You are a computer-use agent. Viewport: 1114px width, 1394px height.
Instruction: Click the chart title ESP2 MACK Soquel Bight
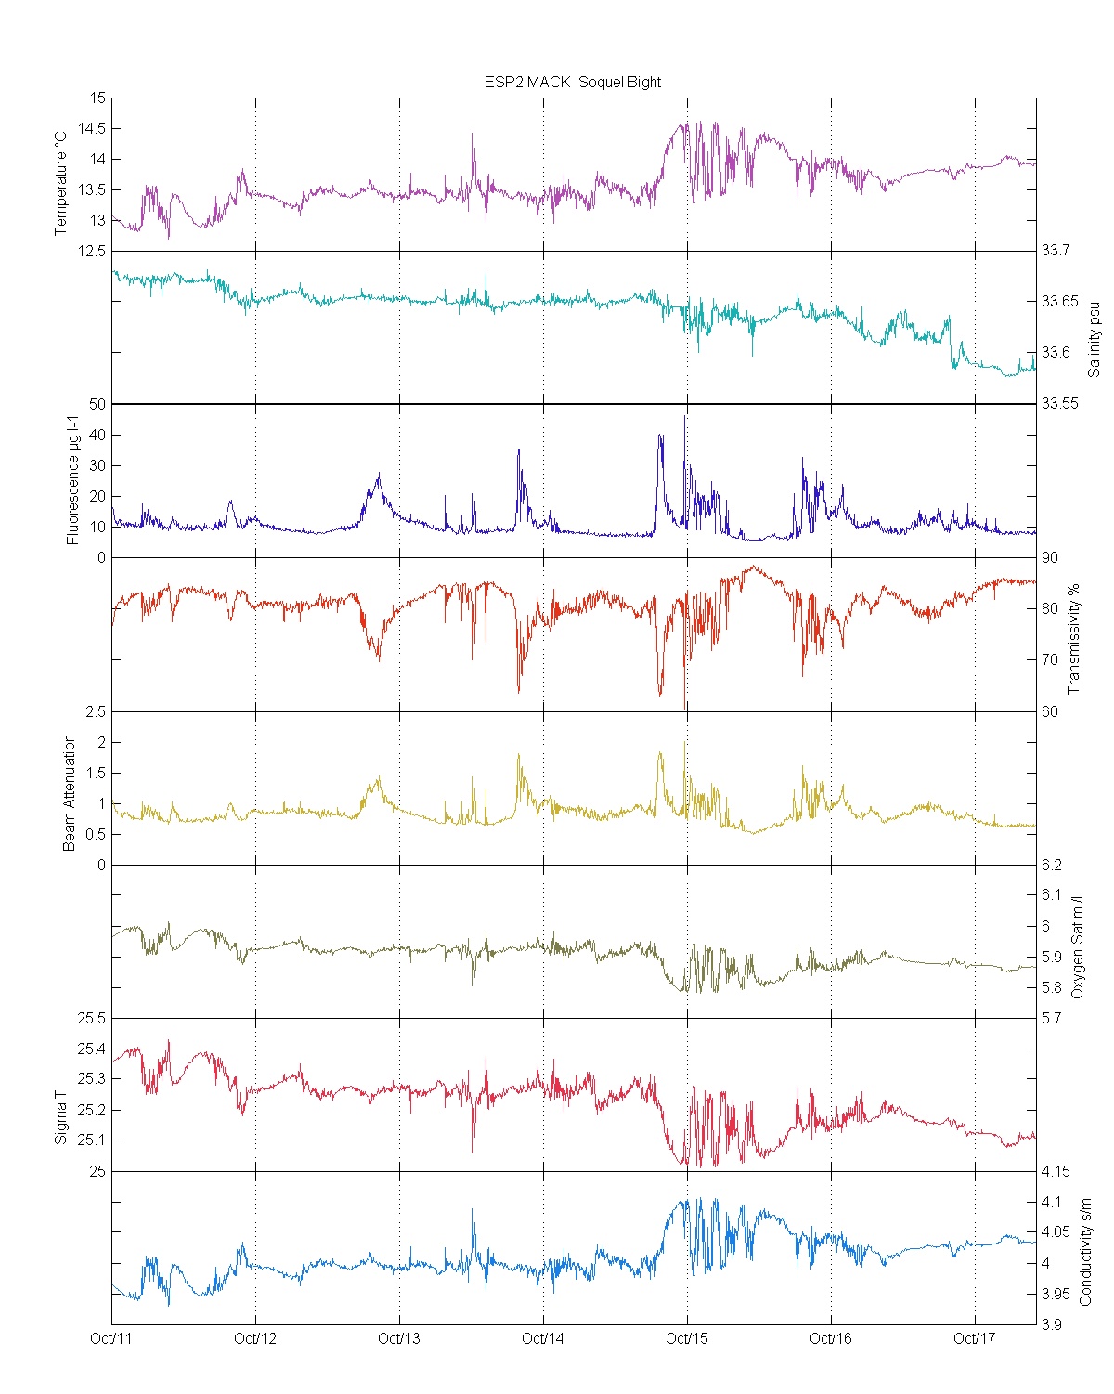click(x=572, y=82)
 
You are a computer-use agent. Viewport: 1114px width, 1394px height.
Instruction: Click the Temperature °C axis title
click(x=61, y=183)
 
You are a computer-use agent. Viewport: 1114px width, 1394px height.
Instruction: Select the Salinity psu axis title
click(x=1094, y=338)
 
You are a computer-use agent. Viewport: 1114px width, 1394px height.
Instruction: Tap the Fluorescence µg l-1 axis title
click(x=73, y=481)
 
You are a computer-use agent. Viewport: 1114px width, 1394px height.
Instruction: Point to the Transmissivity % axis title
click(x=1074, y=639)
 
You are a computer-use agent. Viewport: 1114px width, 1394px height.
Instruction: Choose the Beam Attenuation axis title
click(x=70, y=793)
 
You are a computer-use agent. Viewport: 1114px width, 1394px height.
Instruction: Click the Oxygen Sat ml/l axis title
click(x=1077, y=947)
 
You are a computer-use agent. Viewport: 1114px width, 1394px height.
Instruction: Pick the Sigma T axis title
click(x=61, y=1117)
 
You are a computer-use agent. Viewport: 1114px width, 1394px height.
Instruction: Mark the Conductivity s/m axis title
click(x=1085, y=1252)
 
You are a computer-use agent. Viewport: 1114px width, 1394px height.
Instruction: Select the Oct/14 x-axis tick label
click(x=543, y=1338)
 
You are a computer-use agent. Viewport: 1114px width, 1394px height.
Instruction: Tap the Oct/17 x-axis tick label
click(x=974, y=1338)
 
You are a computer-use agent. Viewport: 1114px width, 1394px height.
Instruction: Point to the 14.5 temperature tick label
click(x=92, y=128)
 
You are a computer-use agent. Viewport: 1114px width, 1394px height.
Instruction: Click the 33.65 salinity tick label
click(x=1059, y=301)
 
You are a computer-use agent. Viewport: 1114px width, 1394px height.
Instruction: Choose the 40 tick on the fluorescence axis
click(x=97, y=435)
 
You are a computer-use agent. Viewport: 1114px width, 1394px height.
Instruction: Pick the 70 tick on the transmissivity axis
click(x=1049, y=660)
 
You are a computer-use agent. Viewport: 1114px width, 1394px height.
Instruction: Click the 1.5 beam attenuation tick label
click(x=97, y=773)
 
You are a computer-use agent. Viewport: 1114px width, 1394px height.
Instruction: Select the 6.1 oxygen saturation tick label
click(x=1051, y=895)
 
